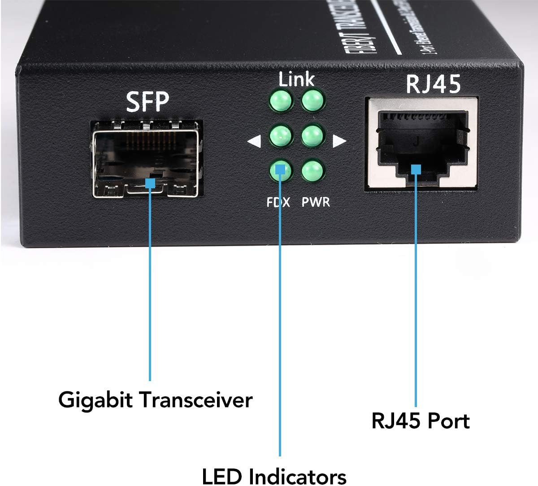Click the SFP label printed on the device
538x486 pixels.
tap(148, 102)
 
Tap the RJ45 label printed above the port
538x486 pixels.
tap(433, 85)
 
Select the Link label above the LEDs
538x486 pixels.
tap(296, 79)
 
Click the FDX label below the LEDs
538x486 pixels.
tap(278, 202)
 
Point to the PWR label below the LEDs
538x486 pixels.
tap(316, 202)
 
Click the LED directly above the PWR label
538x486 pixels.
tap(312, 170)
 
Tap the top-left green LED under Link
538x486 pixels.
tap(280, 100)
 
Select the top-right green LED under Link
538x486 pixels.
tap(312, 100)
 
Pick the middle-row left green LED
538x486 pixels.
tap(280, 135)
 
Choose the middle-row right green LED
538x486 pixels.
tap(312, 135)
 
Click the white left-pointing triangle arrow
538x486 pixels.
tap(254, 142)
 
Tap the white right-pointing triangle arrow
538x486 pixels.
tap(339, 142)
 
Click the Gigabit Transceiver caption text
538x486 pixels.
tap(155, 399)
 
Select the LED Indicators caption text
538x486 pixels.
tap(274, 476)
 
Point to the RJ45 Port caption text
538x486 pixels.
tap(421, 421)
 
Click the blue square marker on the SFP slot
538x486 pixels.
tap(150, 183)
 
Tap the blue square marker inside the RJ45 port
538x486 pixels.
tap(416, 169)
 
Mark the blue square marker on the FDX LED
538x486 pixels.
tap(280, 170)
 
